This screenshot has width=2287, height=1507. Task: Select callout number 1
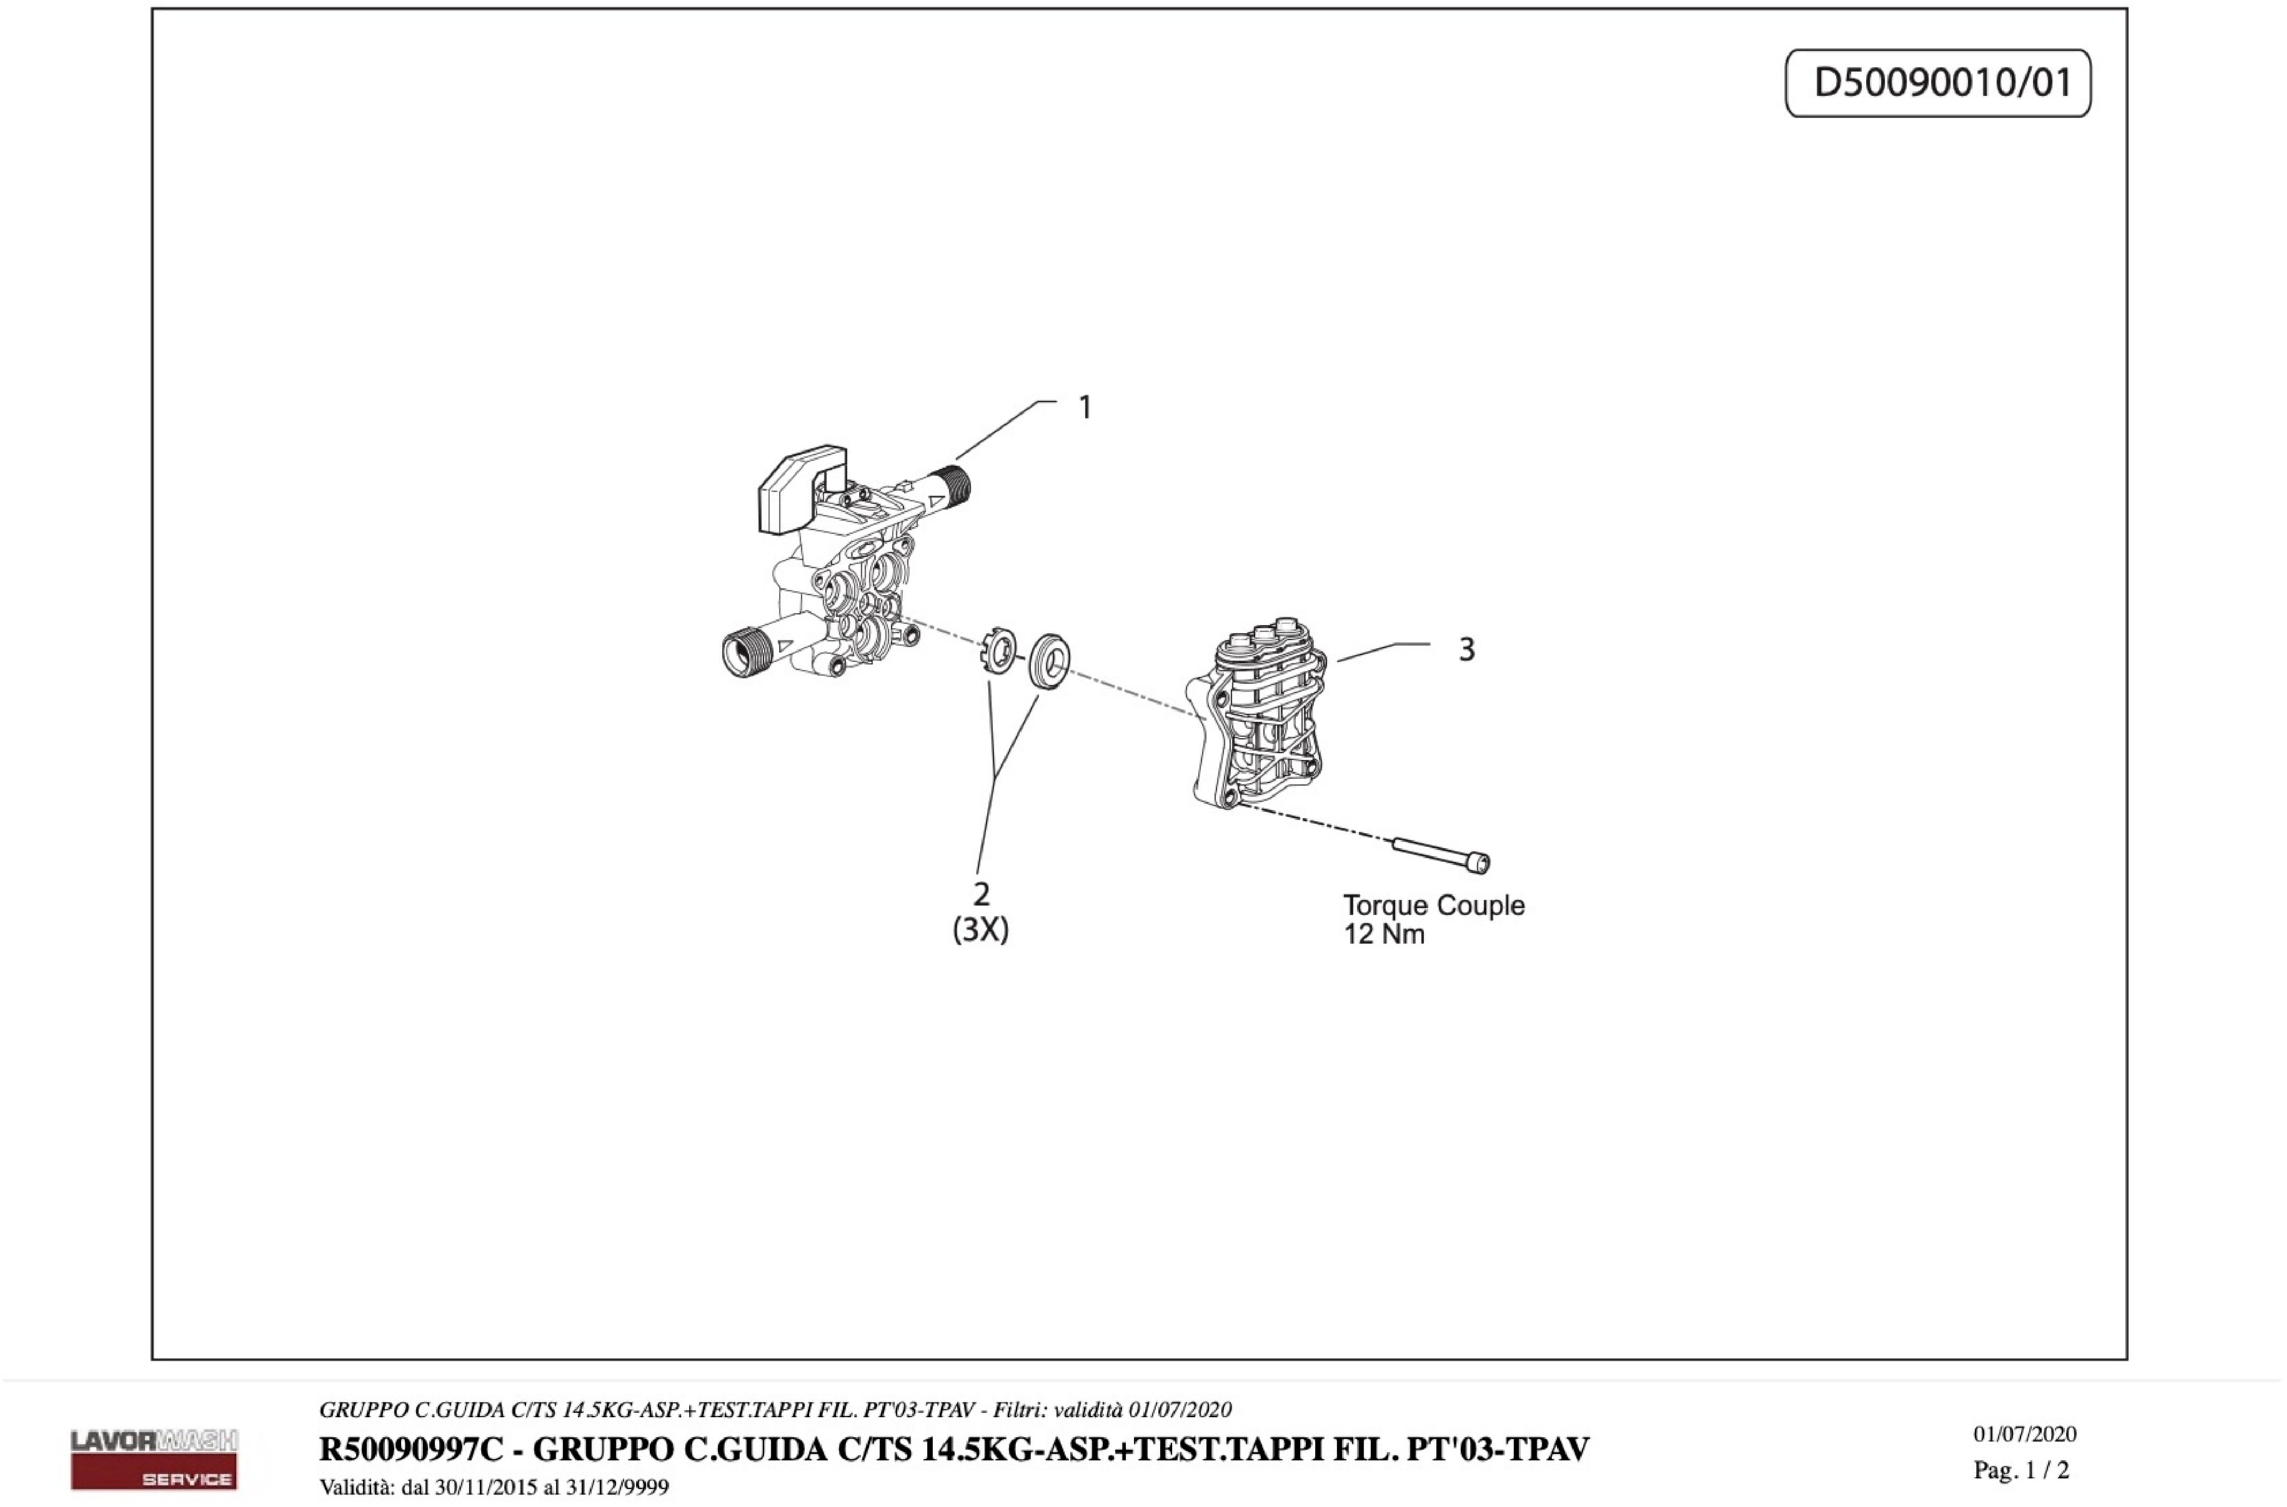1085,408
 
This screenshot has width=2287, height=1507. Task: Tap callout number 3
1467,649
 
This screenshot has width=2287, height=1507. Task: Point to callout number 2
981,894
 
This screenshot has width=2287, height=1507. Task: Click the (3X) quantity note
980,930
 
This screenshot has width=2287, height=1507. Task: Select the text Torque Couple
1433,905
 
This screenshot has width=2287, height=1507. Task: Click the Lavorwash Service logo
154,1458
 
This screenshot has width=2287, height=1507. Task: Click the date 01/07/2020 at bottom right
2025,1434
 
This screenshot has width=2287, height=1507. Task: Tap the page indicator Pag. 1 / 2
2021,1470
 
